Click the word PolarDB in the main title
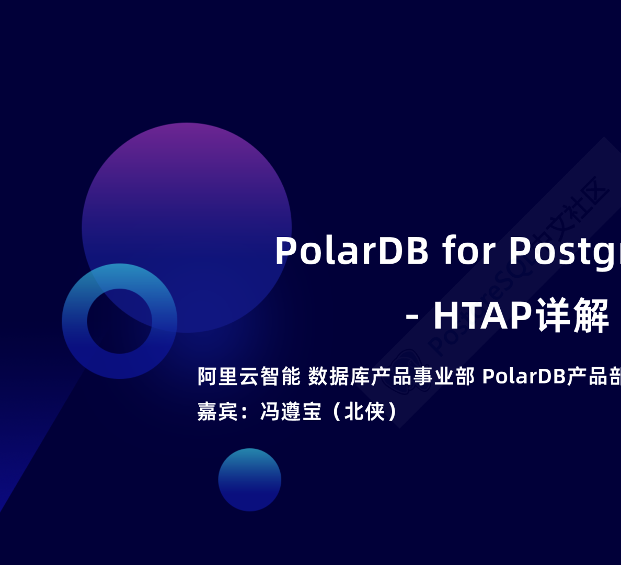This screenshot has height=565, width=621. click(352, 251)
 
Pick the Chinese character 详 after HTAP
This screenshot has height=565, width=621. click(553, 315)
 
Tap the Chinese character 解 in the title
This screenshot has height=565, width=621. click(591, 315)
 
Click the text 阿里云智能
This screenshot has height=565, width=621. click(249, 376)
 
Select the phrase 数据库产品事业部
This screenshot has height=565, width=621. click(391, 376)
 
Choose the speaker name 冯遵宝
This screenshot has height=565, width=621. click(291, 412)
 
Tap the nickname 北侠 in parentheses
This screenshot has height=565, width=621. click(364, 412)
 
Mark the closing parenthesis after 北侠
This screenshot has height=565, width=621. click(392, 412)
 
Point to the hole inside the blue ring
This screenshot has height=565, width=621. click(119, 321)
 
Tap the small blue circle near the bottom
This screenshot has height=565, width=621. click(249, 480)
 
